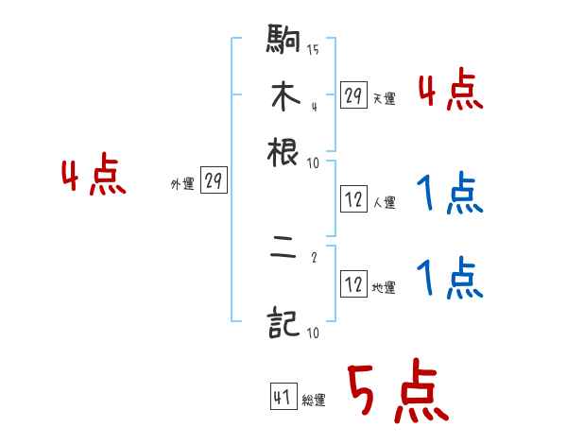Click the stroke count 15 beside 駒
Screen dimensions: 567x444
pos(312,50)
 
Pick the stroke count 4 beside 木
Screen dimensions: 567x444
pos(313,106)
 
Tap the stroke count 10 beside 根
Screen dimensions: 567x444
pos(312,162)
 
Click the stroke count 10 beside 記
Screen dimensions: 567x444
pos(312,333)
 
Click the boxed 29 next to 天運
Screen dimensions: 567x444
pos(353,95)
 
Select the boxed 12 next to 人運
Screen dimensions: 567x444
pos(353,199)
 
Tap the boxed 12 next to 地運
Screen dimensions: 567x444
pos(353,285)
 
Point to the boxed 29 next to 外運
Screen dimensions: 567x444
pos(214,182)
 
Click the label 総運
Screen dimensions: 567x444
pos(314,401)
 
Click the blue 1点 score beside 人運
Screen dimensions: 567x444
pos(449,196)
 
